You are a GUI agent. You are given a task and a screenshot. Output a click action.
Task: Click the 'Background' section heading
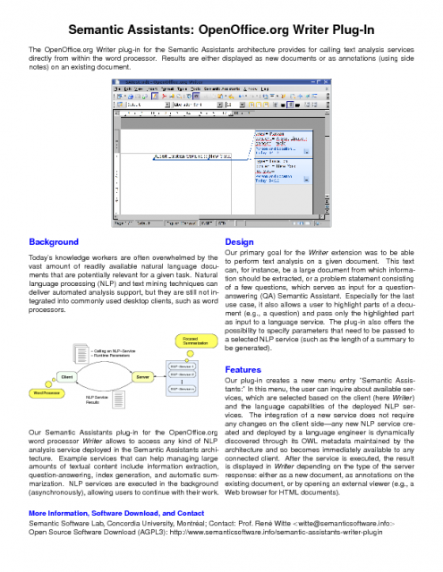54,242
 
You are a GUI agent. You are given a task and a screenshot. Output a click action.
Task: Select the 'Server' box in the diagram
142,378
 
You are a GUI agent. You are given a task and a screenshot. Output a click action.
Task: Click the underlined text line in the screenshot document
189,157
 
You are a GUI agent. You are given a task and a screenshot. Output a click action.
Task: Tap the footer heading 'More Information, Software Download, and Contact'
117,514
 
